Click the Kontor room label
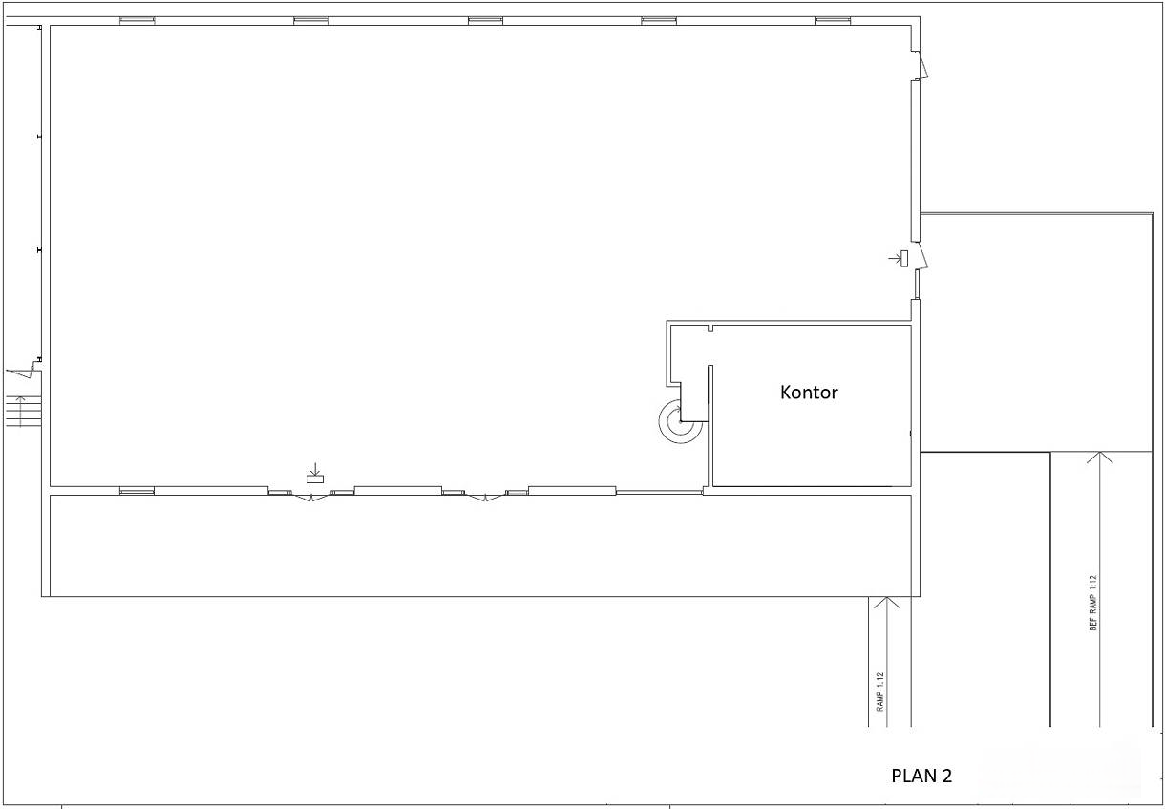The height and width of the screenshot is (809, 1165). point(809,393)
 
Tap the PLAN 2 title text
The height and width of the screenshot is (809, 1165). point(921,776)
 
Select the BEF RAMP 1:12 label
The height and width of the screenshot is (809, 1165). point(1092,603)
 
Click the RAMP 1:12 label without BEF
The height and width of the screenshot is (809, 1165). point(879,692)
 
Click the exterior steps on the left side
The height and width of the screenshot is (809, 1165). point(24,411)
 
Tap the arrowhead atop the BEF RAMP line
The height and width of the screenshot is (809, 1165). point(1099,458)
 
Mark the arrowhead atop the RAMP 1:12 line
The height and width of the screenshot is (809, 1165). point(887,603)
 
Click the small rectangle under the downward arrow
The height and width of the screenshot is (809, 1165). point(315,479)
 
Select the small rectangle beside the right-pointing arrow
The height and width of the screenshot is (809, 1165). point(904,259)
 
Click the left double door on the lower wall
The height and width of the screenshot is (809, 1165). point(311,498)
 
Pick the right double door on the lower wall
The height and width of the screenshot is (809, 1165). point(485,498)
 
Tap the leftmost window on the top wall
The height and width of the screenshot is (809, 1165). point(138,21)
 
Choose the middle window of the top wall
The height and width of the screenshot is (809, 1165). point(485,21)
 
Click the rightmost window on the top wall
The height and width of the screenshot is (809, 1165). point(834,21)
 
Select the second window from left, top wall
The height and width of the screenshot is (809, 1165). point(311,21)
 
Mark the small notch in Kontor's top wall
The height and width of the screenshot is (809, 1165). point(710,329)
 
